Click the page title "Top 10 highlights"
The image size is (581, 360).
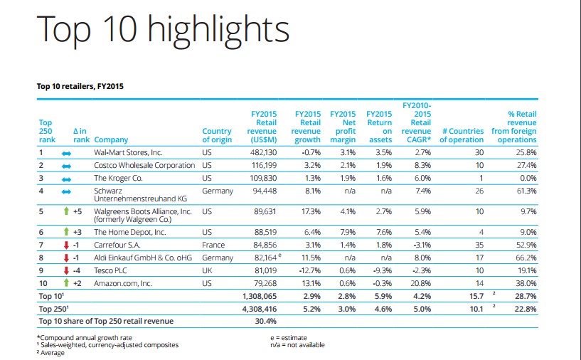tap(163, 29)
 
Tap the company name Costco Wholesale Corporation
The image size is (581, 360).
tap(144, 165)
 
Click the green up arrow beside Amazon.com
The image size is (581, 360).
tap(66, 283)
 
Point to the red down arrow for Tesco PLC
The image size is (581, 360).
tap(66, 270)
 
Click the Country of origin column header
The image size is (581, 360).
tap(217, 135)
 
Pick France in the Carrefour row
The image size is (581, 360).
tap(213, 245)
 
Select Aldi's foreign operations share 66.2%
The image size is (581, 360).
tap(524, 258)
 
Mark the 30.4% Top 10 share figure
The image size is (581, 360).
tap(264, 321)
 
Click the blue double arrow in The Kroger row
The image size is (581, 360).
tap(67, 178)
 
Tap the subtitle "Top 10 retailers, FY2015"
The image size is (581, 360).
tap(81, 87)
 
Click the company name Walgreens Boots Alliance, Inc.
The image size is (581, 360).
tap(143, 211)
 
